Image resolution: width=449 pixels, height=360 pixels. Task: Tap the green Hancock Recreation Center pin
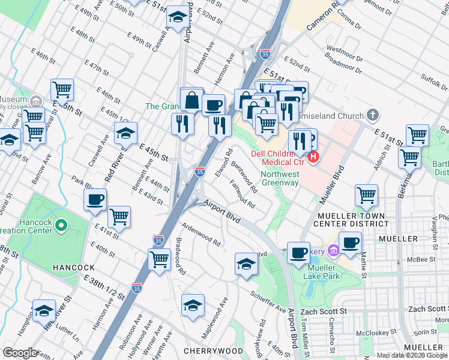60,226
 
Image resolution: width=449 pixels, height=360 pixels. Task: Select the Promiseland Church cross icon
373,115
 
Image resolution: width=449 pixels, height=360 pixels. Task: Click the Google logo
21,353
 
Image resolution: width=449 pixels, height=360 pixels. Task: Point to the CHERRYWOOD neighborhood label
213,351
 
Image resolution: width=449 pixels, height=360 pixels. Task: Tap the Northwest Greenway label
280,179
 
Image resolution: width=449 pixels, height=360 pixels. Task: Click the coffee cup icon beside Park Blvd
95,200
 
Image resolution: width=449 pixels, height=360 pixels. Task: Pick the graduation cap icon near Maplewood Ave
193,304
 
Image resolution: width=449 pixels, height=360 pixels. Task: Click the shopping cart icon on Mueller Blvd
366,194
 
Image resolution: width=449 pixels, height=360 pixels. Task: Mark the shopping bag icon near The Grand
192,100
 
